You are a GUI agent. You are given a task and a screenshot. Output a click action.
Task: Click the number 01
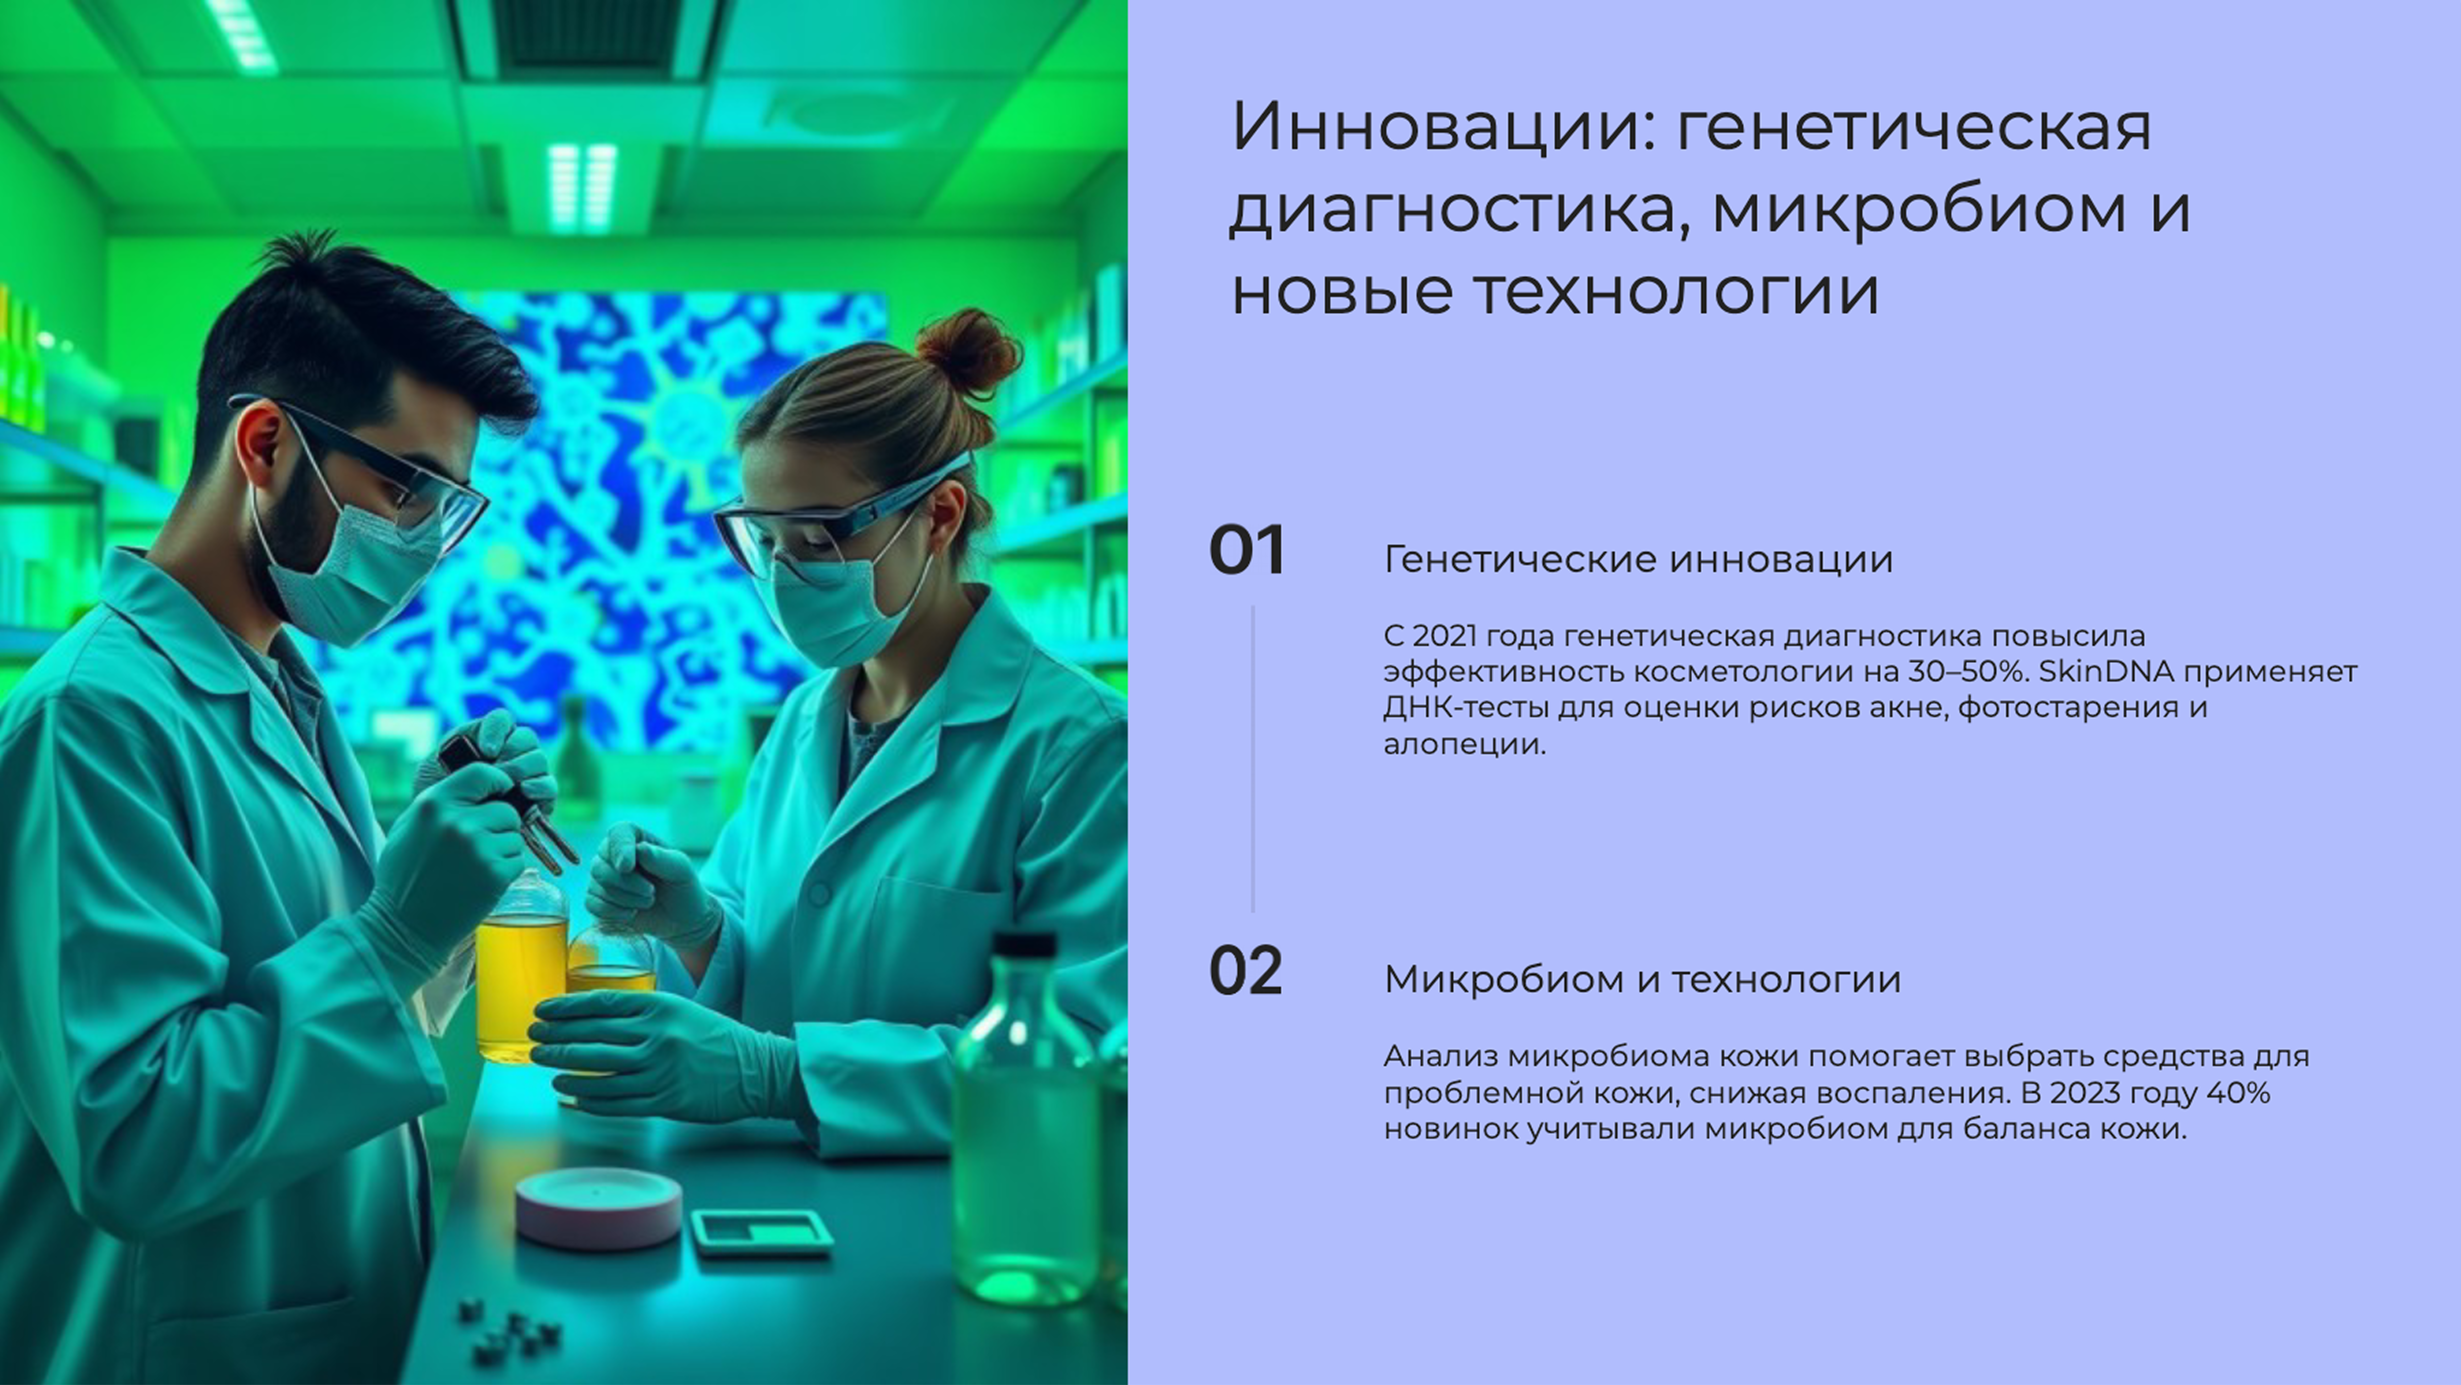click(1247, 552)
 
